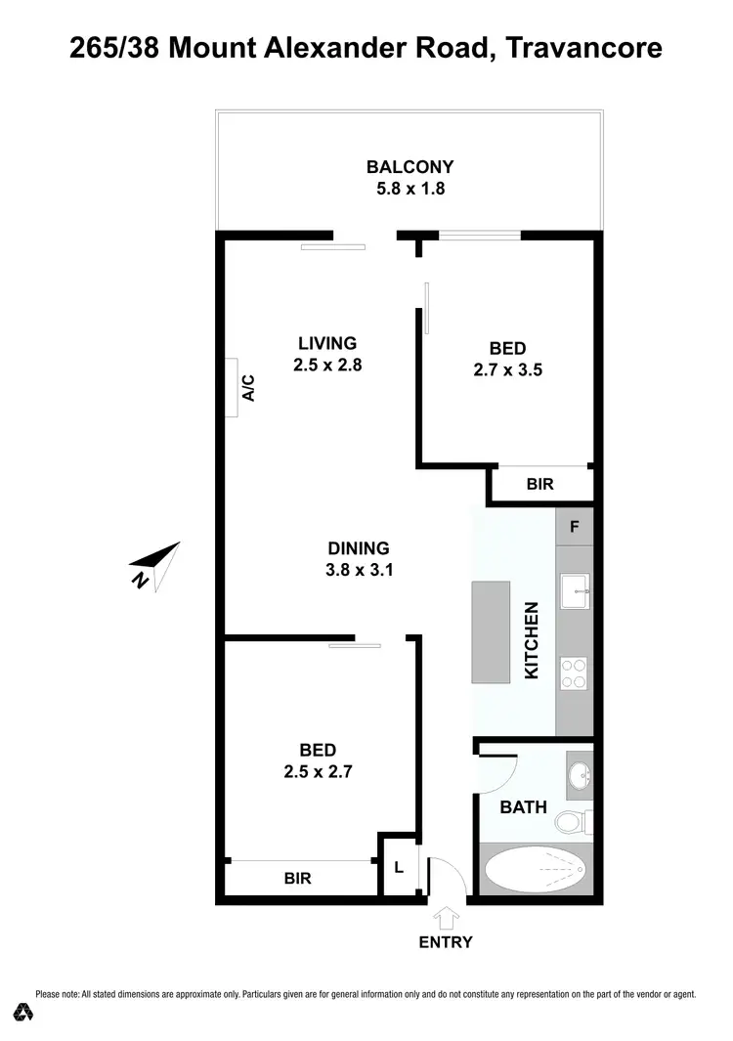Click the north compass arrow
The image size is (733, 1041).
[x=156, y=564]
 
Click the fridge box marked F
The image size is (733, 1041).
[x=575, y=527]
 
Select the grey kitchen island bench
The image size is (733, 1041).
[x=492, y=632]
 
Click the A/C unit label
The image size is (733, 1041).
[x=248, y=387]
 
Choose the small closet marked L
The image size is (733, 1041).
[x=399, y=866]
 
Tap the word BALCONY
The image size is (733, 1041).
[x=410, y=167]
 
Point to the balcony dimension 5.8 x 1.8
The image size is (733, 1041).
[x=410, y=189]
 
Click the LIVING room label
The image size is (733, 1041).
[x=327, y=343]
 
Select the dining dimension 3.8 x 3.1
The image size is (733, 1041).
[x=359, y=571]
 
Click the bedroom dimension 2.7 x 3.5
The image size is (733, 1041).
[x=507, y=370]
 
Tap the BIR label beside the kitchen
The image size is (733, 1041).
[x=539, y=484]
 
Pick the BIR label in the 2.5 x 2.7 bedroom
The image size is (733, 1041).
[x=297, y=878]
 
